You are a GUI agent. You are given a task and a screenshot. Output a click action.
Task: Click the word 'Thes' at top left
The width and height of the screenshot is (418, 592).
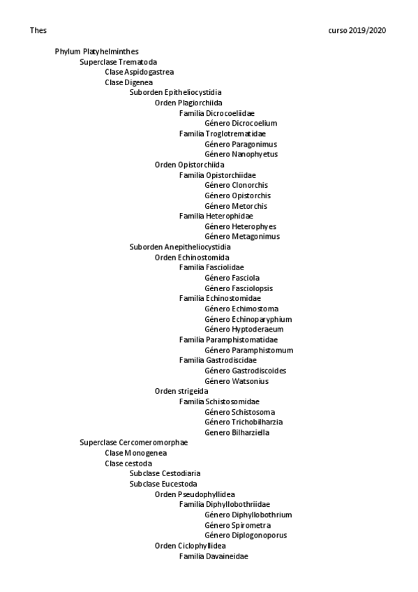(x=38, y=31)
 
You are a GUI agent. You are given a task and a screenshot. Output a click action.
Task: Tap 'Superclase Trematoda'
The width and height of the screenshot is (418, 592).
(x=118, y=62)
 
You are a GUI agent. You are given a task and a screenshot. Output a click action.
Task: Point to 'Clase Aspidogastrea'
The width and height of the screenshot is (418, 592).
(x=139, y=72)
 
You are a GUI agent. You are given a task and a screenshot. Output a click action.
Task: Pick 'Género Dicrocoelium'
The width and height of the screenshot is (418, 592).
(x=241, y=124)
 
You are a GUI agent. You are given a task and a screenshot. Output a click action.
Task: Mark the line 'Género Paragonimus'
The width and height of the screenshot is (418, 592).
(x=241, y=144)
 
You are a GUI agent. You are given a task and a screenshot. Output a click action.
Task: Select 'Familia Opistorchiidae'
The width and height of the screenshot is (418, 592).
(x=217, y=175)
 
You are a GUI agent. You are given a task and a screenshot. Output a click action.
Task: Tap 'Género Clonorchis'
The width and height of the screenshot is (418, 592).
(x=236, y=185)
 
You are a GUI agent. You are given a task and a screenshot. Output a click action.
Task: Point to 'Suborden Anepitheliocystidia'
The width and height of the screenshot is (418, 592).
(x=179, y=247)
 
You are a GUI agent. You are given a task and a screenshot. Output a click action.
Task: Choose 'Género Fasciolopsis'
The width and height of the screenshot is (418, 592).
(x=239, y=288)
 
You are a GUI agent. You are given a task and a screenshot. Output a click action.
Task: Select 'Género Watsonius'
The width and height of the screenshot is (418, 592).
(x=237, y=381)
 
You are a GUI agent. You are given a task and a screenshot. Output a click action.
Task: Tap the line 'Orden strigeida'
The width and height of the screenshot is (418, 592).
(x=181, y=391)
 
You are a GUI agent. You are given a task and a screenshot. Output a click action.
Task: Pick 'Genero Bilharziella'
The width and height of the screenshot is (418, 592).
(x=237, y=433)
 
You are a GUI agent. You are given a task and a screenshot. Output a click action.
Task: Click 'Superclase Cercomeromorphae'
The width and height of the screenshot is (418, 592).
(x=133, y=443)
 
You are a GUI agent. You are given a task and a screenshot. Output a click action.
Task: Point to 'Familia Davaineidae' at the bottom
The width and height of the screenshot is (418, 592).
(x=214, y=556)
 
